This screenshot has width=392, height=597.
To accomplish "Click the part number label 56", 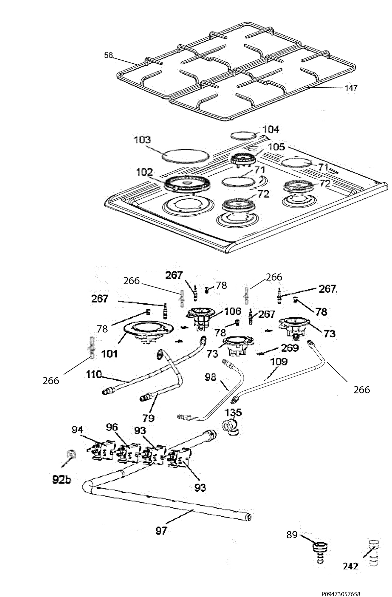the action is (x=109, y=55).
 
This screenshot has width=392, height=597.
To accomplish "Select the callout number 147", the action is (x=351, y=88).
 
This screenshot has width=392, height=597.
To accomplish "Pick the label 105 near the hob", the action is (x=276, y=147).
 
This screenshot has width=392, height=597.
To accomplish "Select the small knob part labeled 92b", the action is (x=71, y=453).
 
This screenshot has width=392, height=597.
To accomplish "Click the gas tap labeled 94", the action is (x=97, y=452).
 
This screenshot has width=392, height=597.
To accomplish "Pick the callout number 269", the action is (x=290, y=348).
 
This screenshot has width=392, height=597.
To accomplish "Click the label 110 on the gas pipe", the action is (x=94, y=375).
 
